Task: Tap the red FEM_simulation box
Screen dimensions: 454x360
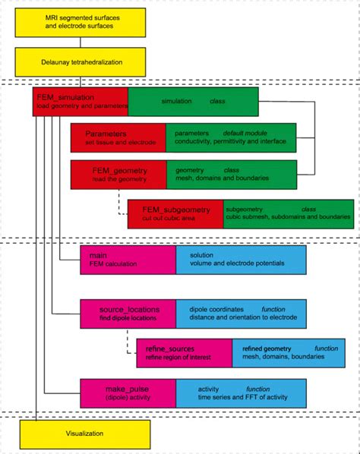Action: (x=80, y=101)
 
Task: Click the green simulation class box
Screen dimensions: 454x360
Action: (x=193, y=101)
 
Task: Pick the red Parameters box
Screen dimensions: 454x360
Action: (x=118, y=137)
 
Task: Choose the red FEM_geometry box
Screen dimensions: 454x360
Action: (x=118, y=175)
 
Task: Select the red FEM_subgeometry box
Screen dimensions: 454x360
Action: (x=175, y=213)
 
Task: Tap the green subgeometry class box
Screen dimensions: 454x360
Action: (x=288, y=213)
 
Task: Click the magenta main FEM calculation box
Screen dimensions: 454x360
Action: (x=128, y=260)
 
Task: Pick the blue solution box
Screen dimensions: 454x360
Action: (x=242, y=260)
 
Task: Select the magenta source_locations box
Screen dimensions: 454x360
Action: (x=128, y=314)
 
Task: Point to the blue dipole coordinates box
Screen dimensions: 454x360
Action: (x=242, y=314)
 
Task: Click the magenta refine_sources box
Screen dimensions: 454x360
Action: (x=184, y=353)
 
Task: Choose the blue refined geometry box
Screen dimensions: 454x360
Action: (x=293, y=353)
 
